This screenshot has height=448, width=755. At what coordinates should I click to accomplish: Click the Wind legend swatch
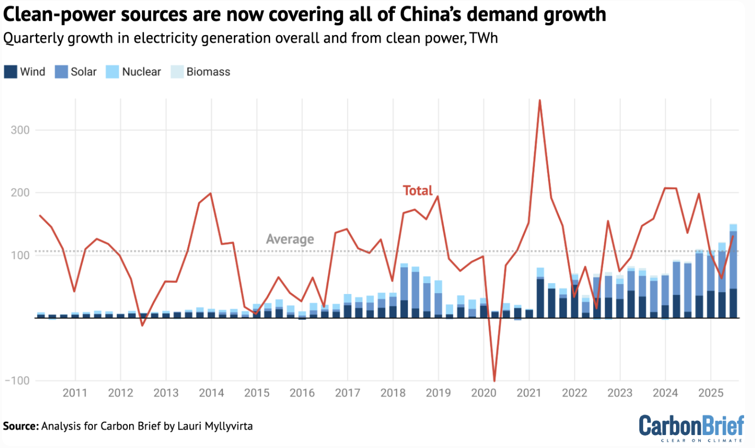10,72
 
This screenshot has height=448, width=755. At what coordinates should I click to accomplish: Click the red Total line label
417,190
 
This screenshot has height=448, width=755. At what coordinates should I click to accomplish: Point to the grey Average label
290,239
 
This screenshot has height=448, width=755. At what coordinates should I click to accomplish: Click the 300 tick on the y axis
20,130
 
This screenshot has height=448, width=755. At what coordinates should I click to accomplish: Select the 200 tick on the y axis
20,193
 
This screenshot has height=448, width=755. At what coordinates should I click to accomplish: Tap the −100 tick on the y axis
17,380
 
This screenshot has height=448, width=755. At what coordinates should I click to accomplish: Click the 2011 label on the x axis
75,393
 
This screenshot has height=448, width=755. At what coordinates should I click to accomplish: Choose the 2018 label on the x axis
393,393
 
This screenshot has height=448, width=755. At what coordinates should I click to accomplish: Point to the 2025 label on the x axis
711,393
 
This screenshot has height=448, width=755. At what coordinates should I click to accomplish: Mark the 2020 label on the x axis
484,393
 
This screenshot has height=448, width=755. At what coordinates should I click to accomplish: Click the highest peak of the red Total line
540,101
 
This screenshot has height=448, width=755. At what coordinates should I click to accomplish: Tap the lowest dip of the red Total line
495,380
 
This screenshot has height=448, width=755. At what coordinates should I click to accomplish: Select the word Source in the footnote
20,426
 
